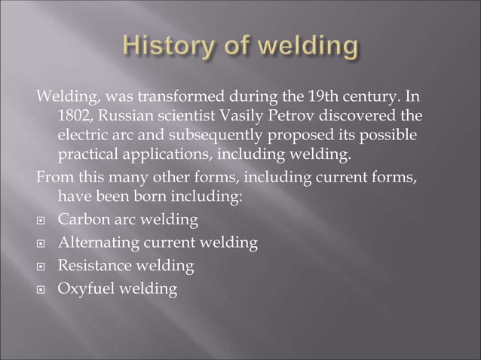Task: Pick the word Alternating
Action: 95,243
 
